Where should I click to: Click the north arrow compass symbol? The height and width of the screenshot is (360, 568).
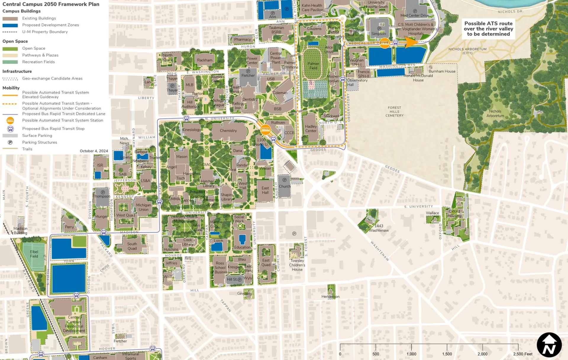[549, 345]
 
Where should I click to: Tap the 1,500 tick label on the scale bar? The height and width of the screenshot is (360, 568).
[447, 354]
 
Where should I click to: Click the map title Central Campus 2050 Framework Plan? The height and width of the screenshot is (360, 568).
[51, 4]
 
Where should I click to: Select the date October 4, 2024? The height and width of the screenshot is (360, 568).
[94, 151]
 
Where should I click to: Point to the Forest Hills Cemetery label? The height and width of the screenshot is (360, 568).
[394, 112]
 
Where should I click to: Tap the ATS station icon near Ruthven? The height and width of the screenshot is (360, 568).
[265, 129]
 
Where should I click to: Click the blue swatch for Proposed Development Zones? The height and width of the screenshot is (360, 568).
[10, 25]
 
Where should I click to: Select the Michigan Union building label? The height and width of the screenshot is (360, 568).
[143, 207]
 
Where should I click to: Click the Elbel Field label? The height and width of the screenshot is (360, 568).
[34, 254]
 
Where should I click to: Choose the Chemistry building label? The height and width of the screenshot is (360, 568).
[228, 130]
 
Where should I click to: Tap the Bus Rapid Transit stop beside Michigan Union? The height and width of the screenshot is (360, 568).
[159, 202]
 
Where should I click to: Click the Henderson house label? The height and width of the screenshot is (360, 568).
[330, 296]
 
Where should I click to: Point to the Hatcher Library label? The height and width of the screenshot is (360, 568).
[208, 183]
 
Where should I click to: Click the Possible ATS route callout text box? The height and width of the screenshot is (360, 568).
[488, 29]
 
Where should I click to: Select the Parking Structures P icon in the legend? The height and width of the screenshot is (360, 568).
[10, 142]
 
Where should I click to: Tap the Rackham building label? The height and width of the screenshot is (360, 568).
[205, 60]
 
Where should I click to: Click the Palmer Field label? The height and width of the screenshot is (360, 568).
[313, 66]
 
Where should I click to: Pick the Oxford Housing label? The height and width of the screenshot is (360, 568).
[454, 213]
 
